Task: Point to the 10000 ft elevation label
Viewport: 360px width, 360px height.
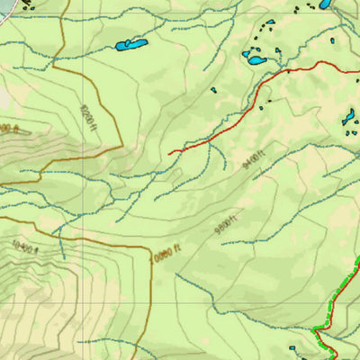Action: pyautogui.click(x=166, y=254)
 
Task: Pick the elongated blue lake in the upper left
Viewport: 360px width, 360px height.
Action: pyautogui.click(x=130, y=44)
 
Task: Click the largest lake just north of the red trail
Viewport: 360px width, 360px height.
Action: pyautogui.click(x=256, y=61)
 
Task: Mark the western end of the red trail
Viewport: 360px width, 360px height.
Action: pyautogui.click(x=169, y=153)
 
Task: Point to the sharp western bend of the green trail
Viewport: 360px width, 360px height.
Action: pyautogui.click(x=316, y=330)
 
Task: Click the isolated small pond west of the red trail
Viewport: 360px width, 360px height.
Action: pyautogui.click(x=214, y=89)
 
